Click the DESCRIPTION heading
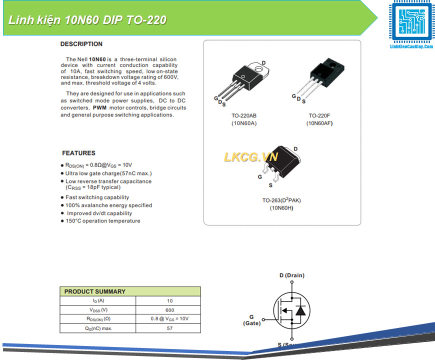81,44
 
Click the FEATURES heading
78,153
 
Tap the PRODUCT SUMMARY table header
95,291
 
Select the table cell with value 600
169,310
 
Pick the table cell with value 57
169,328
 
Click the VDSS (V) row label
98,310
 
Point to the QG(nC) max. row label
98,328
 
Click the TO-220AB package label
244,115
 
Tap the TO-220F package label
319,115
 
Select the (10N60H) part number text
281,207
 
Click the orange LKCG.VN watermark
250,157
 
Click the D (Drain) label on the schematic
291,275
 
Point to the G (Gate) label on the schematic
251,320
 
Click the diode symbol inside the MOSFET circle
300,310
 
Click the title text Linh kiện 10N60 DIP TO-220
87,20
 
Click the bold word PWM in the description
100,107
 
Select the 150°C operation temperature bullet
103,221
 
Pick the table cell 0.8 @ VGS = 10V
169,319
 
